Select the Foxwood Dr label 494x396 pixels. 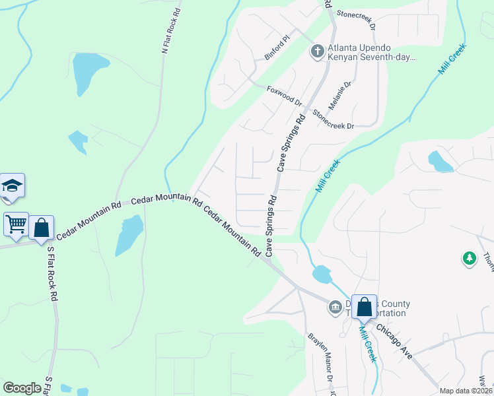pos(284,96)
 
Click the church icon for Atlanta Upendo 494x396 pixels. pos(317,51)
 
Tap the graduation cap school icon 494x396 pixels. pos(13,185)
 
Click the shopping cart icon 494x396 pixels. pos(16,224)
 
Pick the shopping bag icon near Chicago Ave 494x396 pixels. pos(364,307)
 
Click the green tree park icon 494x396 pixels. pos(470,258)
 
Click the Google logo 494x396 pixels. pos(22,388)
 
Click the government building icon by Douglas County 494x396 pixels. pos(335,306)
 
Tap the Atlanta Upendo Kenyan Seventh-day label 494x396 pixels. pos(371,53)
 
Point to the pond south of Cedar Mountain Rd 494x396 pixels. pos(128,235)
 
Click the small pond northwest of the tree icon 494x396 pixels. pos(441,161)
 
